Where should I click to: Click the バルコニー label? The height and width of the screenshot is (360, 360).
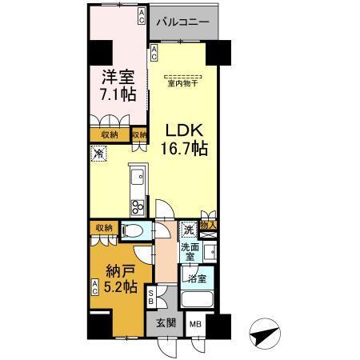(183, 22)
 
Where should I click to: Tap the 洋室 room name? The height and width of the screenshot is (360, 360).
(118, 78)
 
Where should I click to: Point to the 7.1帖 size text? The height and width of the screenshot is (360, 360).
(118, 95)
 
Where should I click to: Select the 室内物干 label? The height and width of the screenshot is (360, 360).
(183, 82)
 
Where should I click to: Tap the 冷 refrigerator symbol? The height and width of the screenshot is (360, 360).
(98, 154)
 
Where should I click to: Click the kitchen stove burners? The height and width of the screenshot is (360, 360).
(138, 206)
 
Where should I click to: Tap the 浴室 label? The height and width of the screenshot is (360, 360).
(197, 280)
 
